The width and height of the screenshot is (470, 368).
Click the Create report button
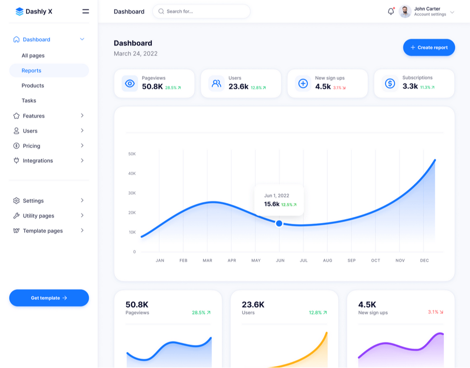pos(429,47)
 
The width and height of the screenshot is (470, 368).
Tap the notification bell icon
pos(391,12)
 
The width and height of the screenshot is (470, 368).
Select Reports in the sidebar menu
pos(31,70)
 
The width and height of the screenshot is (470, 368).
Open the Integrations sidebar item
pos(38,161)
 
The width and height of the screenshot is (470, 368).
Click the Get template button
pos(49,298)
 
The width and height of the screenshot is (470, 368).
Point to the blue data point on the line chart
pos(279,223)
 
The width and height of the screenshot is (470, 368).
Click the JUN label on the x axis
pos(280,261)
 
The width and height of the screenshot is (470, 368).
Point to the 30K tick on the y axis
pos(132,193)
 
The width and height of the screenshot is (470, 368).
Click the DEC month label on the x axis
pos(424,261)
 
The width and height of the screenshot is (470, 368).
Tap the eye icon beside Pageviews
pos(130,83)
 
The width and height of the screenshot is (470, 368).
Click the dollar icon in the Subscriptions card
pos(390,83)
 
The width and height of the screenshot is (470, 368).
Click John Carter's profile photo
pos(405,12)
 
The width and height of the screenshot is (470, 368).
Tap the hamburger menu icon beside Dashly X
pos(86,11)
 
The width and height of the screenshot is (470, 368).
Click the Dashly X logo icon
pos(19,12)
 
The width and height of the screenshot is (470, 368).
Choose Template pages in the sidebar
pos(43,231)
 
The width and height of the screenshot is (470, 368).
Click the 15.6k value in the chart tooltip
pos(272,204)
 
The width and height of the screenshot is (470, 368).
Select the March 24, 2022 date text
pos(135,53)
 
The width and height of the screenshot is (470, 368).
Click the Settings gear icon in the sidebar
pos(17,201)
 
